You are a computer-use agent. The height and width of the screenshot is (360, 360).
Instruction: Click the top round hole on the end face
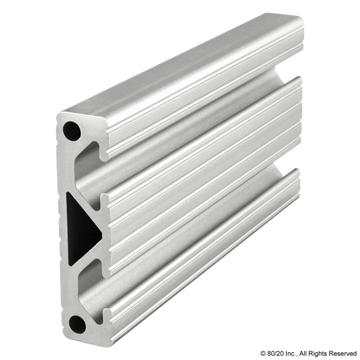click(73, 131)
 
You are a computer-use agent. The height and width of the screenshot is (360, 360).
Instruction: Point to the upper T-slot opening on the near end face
click(96, 162)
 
